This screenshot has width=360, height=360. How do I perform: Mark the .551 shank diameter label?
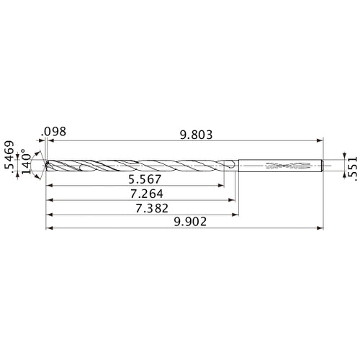pyautogui.click(x=351, y=163)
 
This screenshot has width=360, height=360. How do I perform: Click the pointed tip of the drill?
pyautogui.click(x=45, y=164)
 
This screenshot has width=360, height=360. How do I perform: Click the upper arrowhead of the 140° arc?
pyautogui.click(x=40, y=153)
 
